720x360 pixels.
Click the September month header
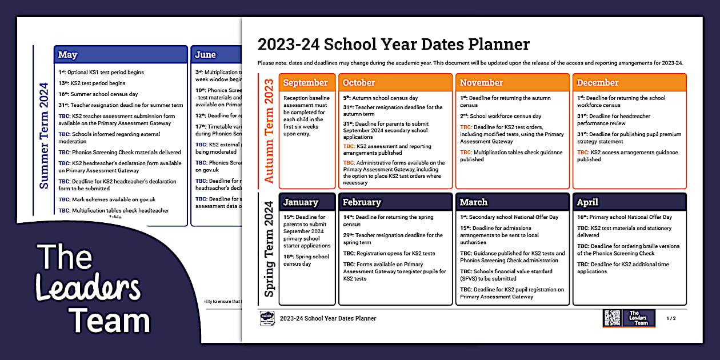coord(306,83)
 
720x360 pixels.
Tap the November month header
coord(481,83)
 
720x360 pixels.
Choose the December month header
coord(598,83)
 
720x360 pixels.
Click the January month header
coord(301,202)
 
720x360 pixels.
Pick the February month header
coord(362,202)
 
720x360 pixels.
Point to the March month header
coord(474,202)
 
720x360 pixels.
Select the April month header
coord(587,202)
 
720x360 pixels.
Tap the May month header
coord(68,55)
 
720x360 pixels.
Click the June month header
coord(206,55)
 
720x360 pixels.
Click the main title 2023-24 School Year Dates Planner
coord(394,44)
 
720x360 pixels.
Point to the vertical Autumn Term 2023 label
coord(269,131)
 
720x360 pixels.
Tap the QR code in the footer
coord(612,318)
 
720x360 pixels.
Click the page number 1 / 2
coord(671,318)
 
